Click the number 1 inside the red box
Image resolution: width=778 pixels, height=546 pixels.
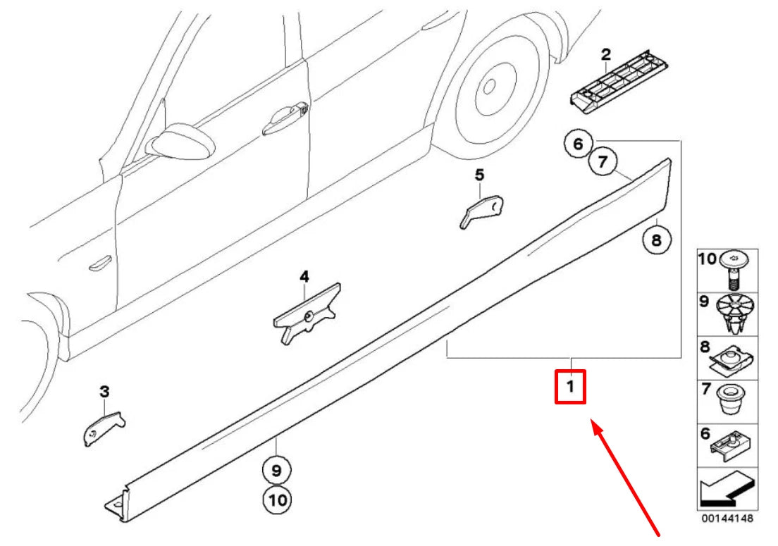coord(570,387)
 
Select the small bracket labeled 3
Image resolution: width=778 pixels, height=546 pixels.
coord(101,428)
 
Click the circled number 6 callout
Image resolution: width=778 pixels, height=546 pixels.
coord(578,145)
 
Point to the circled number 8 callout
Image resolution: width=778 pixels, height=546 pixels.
coord(655,240)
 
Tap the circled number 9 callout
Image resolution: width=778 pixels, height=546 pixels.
coord(276,469)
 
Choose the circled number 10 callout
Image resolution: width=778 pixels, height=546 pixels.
coord(276,500)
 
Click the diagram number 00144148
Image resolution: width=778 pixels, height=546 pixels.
coord(727,519)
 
